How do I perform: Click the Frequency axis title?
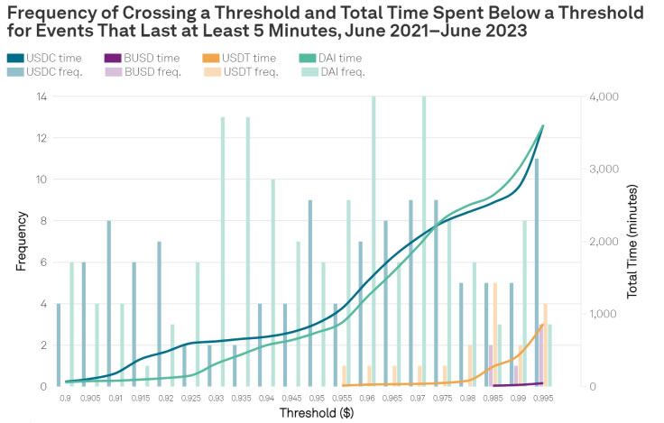click(22, 241)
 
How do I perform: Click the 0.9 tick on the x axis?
click(65, 397)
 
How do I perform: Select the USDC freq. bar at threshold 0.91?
click(109, 303)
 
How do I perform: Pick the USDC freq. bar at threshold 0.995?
click(537, 272)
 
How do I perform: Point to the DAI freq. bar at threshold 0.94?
click(273, 282)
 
